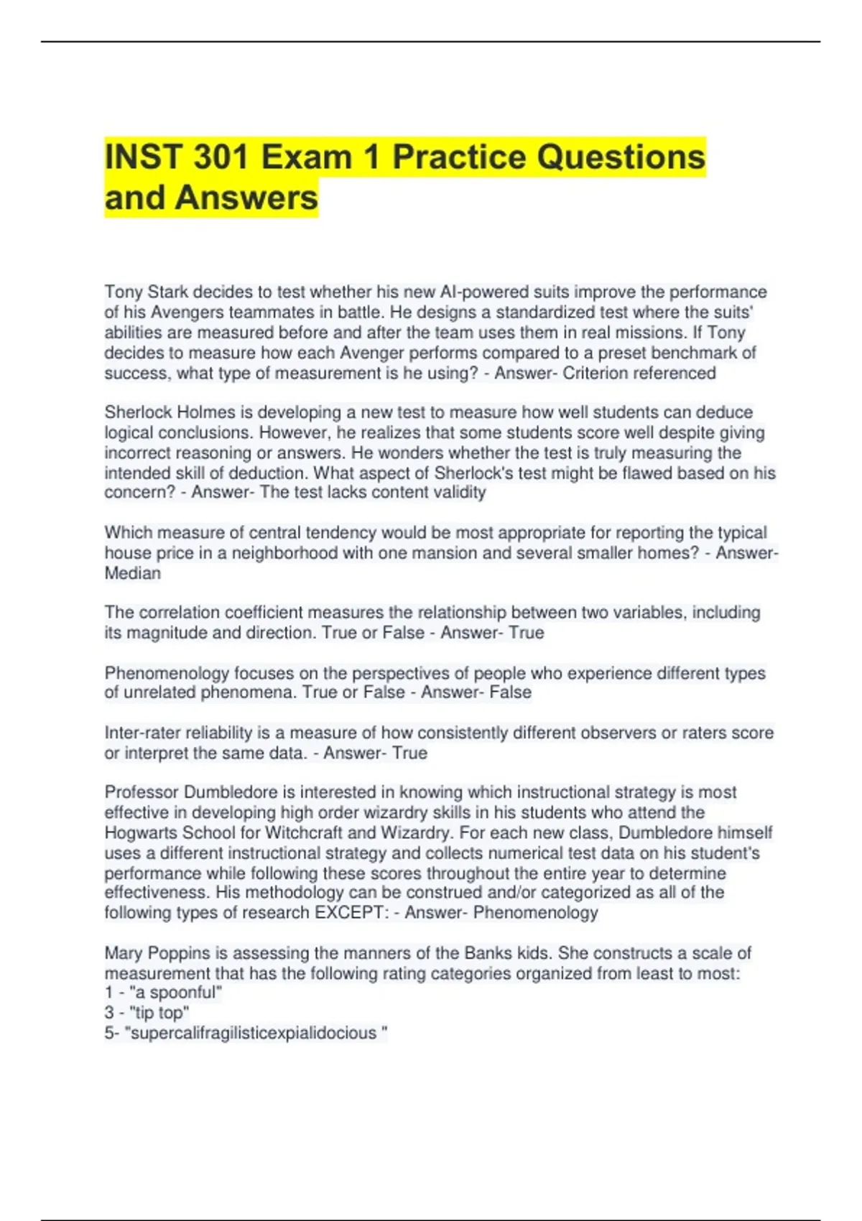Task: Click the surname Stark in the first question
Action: click(x=168, y=292)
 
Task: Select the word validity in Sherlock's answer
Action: click(x=460, y=493)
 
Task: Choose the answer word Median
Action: click(x=132, y=574)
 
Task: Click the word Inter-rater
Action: click(x=143, y=733)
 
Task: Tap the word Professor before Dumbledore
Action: click(x=142, y=792)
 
